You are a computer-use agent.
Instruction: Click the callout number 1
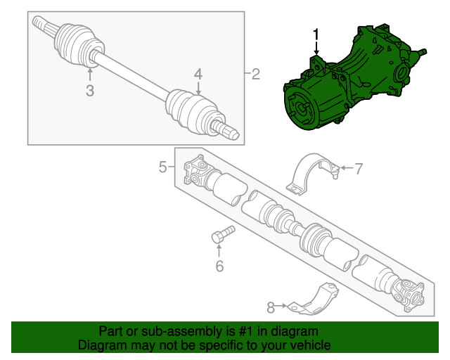[316, 34]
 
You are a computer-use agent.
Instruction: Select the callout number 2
[256, 75]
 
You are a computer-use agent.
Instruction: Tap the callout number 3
[90, 91]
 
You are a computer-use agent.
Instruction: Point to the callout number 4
[198, 74]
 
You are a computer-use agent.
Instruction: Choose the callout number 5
[163, 167]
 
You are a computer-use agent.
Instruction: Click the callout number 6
[219, 266]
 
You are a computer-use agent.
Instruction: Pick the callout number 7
[359, 169]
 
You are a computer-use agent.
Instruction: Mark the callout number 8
[271, 307]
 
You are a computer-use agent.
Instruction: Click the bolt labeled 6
[223, 234]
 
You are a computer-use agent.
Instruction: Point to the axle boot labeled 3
[78, 44]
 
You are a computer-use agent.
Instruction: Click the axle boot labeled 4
[195, 112]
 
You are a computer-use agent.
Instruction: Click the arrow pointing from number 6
[219, 250]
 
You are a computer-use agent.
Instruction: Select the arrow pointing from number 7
[347, 167]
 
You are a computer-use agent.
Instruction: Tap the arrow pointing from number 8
[281, 306]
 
